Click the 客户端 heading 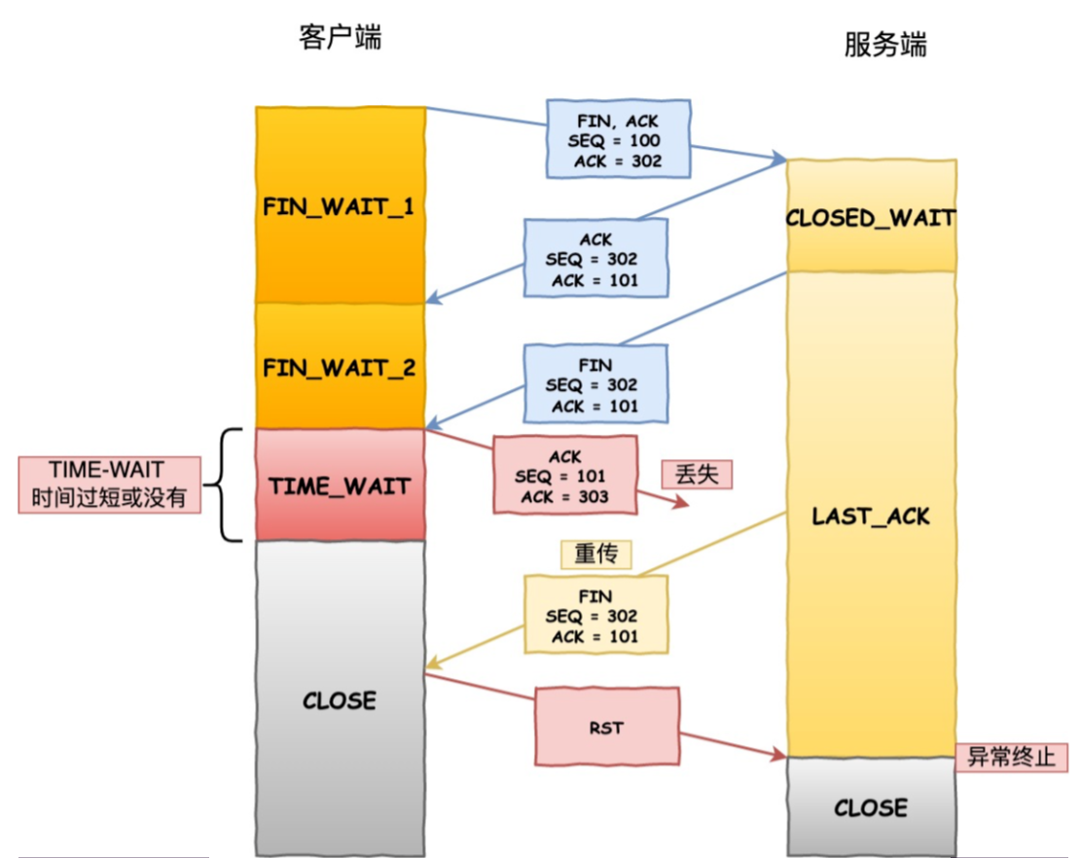coord(340,38)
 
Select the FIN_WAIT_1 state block coord(340,206)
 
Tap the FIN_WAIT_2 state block coord(340,368)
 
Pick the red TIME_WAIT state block coord(340,485)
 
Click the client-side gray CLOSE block coord(340,698)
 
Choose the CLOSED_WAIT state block coord(870,217)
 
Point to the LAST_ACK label coord(870,516)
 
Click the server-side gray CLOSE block coord(870,806)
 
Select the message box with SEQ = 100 coord(618,138)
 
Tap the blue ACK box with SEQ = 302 coord(595,258)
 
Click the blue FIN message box coord(595,383)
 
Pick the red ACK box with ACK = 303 coord(565,475)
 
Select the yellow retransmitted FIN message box coord(595,613)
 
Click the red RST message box coord(606,725)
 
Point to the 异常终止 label coord(1011,755)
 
